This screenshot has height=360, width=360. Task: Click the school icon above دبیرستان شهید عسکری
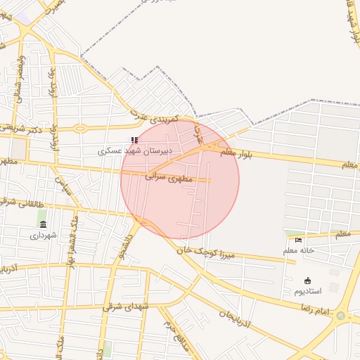(x=134, y=141)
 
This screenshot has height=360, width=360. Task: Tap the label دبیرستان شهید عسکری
(x=134, y=150)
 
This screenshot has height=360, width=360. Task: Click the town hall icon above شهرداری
(x=43, y=224)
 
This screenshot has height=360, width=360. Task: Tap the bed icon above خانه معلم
(x=299, y=240)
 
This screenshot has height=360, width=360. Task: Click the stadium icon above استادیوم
(x=307, y=281)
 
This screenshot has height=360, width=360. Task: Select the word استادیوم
(x=307, y=290)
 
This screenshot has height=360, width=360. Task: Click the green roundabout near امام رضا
(x=341, y=316)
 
